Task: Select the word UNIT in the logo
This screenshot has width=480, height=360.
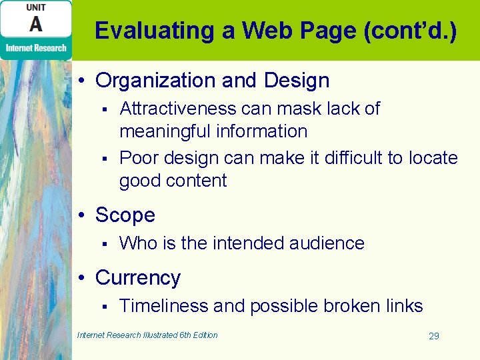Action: click(36, 7)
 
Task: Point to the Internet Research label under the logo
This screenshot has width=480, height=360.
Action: click(36, 47)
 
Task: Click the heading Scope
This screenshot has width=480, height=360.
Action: click(125, 215)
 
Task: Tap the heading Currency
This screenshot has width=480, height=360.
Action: click(138, 278)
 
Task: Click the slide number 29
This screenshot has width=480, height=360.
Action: click(433, 336)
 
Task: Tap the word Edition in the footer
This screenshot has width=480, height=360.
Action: click(204, 335)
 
